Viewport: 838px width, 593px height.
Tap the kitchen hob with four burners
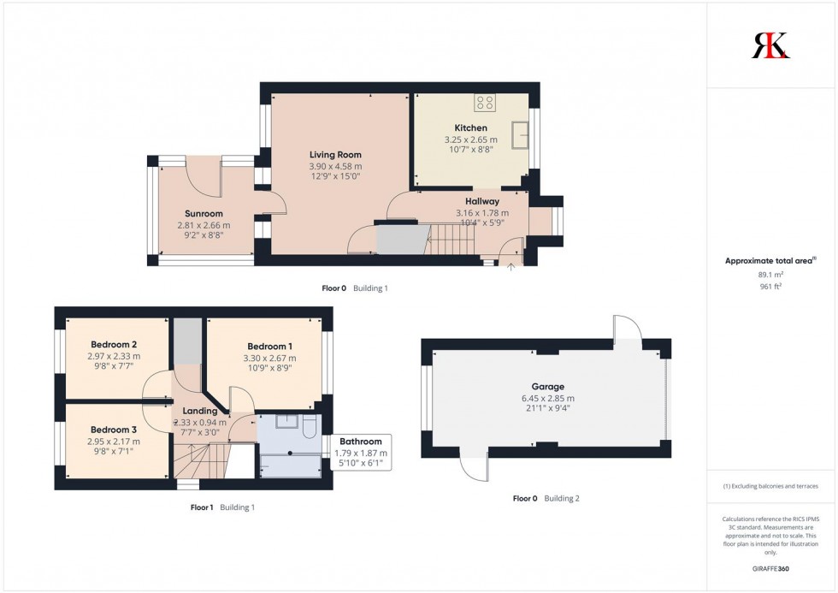(x=485, y=103)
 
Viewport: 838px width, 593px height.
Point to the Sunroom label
(x=204, y=214)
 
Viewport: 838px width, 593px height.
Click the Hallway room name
(x=481, y=201)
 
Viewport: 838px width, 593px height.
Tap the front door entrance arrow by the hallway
(x=511, y=268)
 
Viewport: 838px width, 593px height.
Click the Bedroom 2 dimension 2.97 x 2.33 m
(x=114, y=357)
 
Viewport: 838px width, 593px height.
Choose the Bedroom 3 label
(x=113, y=430)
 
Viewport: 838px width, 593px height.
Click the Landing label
(x=199, y=412)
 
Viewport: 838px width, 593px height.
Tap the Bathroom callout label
(x=360, y=442)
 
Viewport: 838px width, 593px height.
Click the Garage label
(x=548, y=387)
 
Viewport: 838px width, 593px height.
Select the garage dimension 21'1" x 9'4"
(x=548, y=408)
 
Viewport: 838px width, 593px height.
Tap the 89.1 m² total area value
(x=770, y=274)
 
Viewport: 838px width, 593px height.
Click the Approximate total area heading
(x=770, y=260)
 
